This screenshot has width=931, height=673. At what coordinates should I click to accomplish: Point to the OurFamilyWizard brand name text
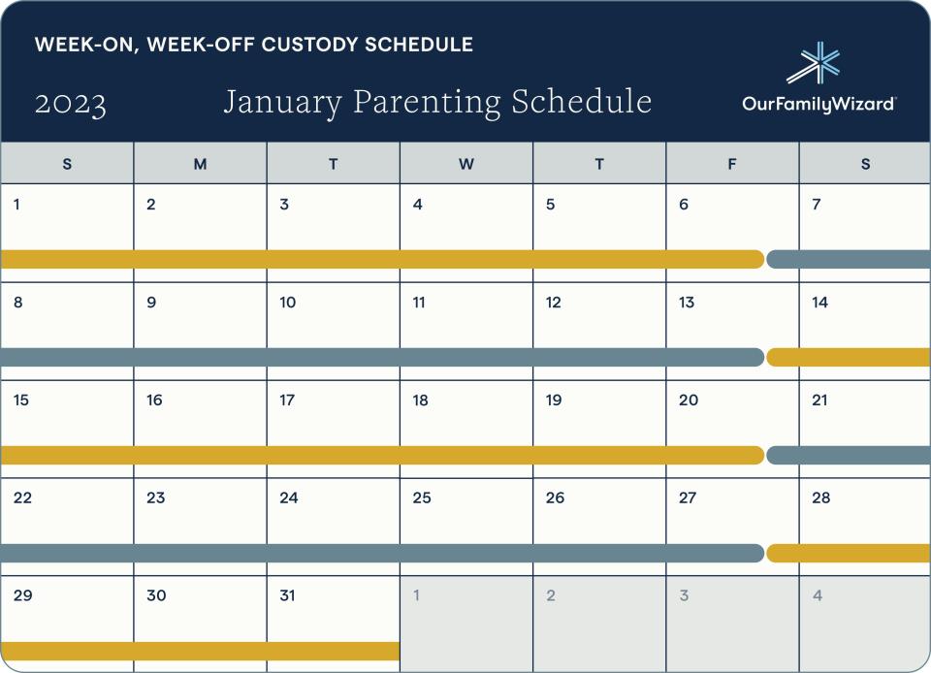819,104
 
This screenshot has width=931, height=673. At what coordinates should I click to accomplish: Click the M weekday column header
200,164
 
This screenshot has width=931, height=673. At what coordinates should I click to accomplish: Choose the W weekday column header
466,164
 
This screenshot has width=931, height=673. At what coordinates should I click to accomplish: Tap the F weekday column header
732,164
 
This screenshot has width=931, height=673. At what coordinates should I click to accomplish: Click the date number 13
687,303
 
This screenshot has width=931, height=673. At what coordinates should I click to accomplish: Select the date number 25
421,498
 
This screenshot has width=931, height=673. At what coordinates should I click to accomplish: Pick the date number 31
287,595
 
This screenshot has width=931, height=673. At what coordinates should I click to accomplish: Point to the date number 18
420,401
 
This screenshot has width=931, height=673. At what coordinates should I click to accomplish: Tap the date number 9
151,303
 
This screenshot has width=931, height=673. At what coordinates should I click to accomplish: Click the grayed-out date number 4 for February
818,595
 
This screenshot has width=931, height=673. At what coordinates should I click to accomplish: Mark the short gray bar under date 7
850,259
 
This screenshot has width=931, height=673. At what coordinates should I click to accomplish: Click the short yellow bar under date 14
850,357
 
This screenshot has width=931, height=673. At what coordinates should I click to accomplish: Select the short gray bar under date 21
850,455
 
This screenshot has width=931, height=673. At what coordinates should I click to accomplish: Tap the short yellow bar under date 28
850,553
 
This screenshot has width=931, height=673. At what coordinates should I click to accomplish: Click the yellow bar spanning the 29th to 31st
199,651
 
